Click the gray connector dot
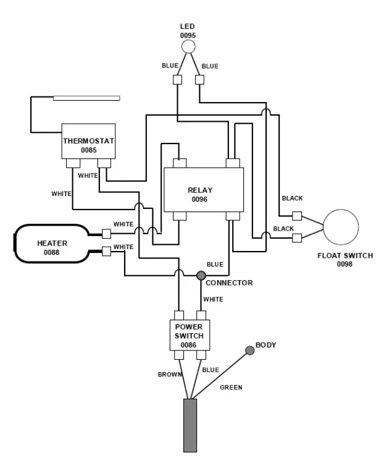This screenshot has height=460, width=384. [201, 276]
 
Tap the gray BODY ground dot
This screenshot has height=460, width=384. [249, 351]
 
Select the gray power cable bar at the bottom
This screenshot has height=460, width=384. [190, 425]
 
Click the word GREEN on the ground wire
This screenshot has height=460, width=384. [231, 388]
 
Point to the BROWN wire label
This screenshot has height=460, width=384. [170, 374]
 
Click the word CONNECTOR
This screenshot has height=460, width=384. [229, 283]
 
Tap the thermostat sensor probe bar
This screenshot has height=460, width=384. [86, 98]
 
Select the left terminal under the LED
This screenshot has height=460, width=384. [177, 80]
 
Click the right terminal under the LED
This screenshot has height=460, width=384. [199, 80]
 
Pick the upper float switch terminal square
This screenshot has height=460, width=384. [297, 216]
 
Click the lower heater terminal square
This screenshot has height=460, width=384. [106, 252]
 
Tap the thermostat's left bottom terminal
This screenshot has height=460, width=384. [73, 163]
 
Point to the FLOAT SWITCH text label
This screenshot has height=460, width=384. [345, 255]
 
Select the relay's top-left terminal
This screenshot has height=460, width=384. [180, 163]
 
